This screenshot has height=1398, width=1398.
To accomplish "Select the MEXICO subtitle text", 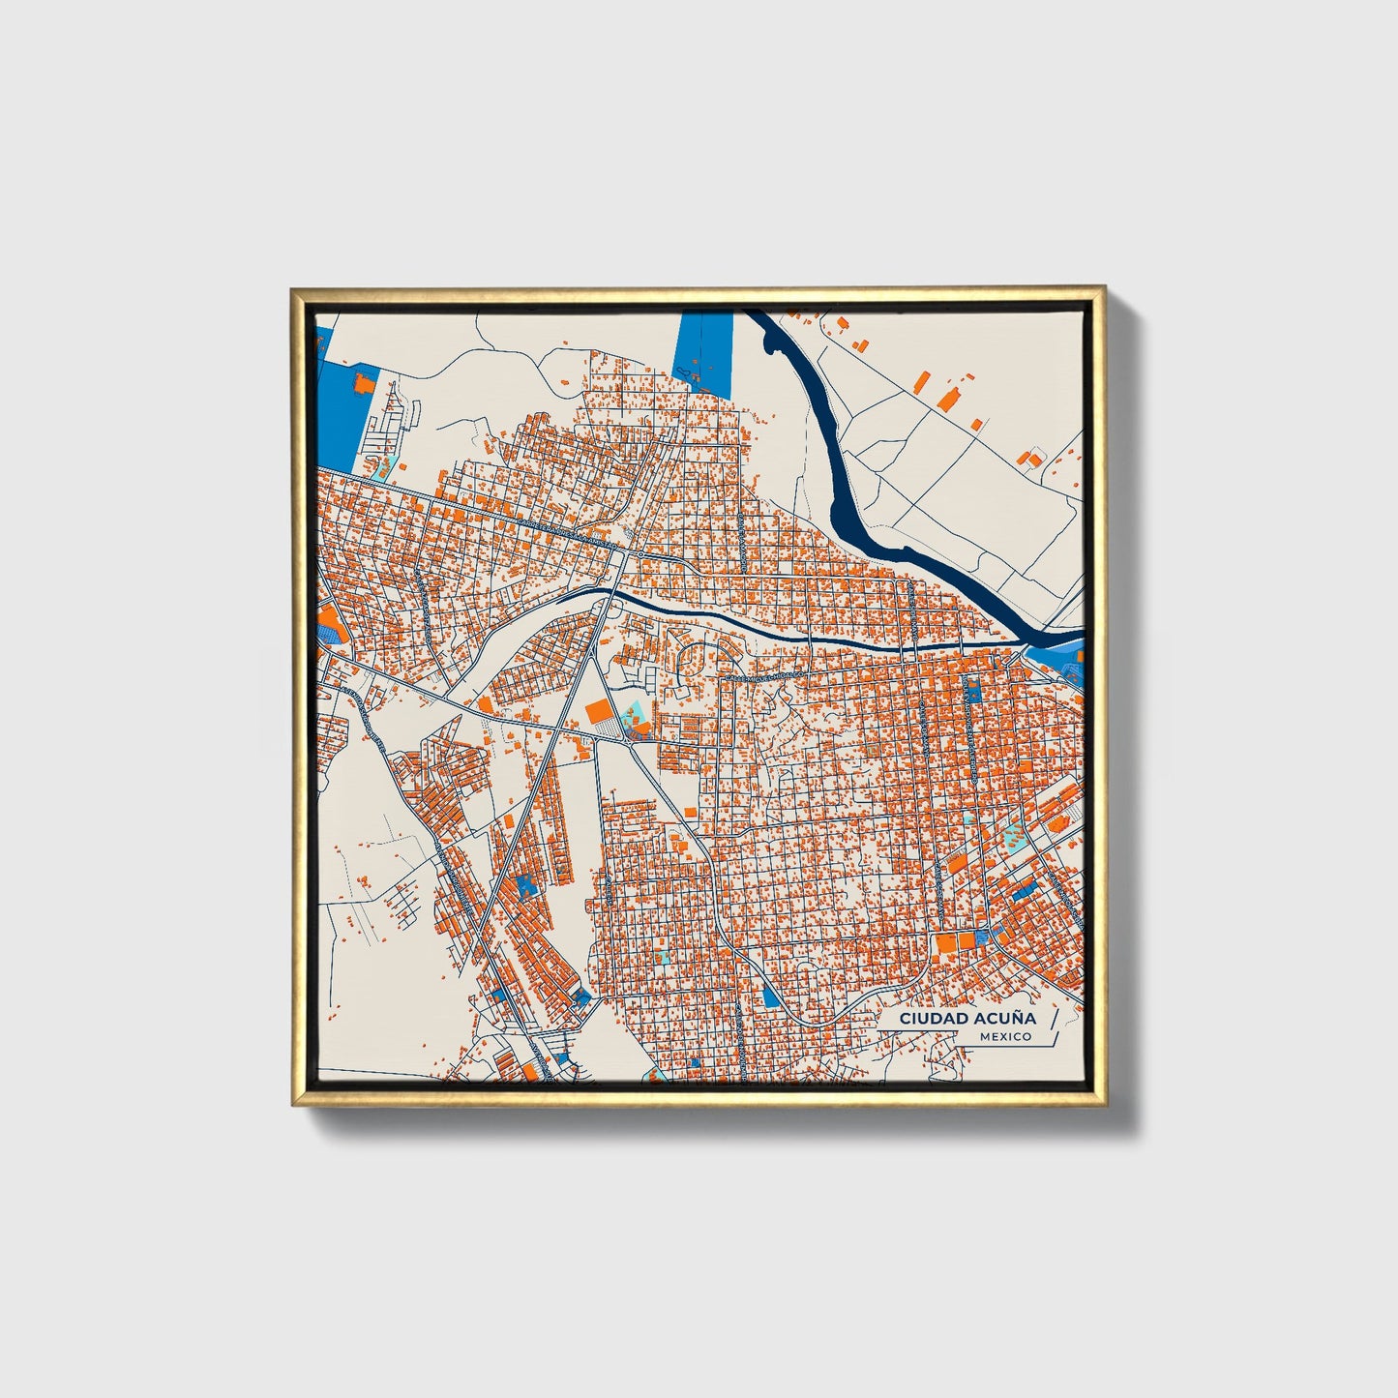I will click(1004, 1037).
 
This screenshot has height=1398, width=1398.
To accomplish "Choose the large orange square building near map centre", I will click(600, 712).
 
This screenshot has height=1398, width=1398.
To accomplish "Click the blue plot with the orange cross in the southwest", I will click(525, 886).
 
